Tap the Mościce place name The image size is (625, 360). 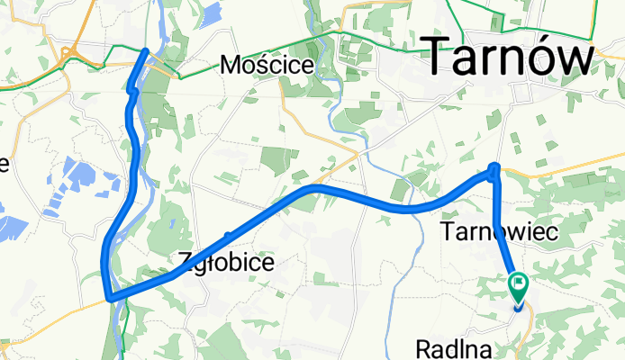coord(267,65)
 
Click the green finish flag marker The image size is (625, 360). coord(520,286)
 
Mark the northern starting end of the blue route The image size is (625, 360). coord(146,50)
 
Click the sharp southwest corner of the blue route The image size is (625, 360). coord(108,297)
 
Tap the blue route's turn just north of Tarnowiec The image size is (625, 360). coord(494,167)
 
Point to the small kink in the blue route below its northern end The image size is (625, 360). coord(131,90)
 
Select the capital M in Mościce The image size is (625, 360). coord(231,65)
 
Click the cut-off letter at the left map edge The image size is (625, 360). coord(4,163)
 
